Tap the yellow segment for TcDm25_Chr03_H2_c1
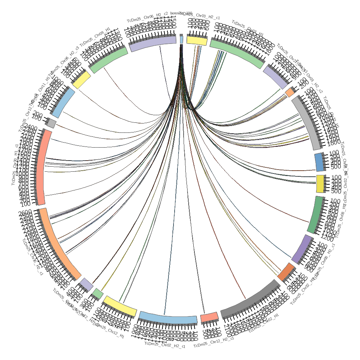(197, 41)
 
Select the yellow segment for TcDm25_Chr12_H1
(120, 306)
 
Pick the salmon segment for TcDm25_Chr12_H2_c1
(209, 317)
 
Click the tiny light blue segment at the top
(181, 39)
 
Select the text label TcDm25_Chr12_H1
(110, 332)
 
